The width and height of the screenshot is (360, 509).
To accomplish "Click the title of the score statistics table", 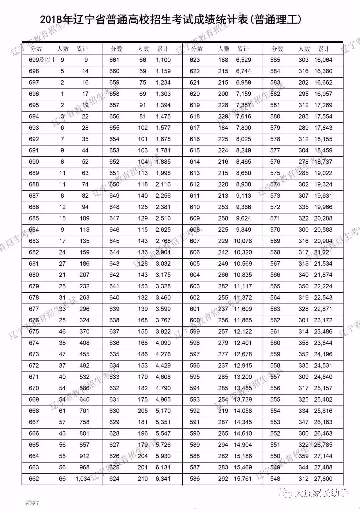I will [x=171, y=20].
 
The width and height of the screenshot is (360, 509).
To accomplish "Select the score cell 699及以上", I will [x=43, y=60].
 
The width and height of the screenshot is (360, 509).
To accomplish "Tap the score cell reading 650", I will [x=114, y=184].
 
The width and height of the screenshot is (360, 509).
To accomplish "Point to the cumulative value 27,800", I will [x=323, y=479].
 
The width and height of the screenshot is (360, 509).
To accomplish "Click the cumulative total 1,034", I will [x=83, y=479].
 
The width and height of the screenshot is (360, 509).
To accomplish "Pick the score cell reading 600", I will [x=195, y=320].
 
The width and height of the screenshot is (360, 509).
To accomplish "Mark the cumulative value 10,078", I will [x=243, y=241].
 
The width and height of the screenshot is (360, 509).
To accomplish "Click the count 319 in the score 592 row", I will [x=223, y=411].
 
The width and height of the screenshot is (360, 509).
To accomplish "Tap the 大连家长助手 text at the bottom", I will [x=321, y=493].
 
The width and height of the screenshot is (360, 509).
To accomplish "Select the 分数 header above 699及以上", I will [x=36, y=49].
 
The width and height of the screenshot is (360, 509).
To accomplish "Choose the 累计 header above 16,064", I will [x=324, y=49].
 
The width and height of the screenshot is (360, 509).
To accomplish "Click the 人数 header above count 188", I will [x=224, y=49].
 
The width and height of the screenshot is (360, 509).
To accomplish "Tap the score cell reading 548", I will [x=275, y=479].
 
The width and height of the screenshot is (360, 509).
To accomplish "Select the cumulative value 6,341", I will [x=163, y=479].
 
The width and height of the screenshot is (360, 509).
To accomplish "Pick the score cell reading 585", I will [x=275, y=60].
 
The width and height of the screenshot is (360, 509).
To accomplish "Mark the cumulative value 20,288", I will [x=323, y=218].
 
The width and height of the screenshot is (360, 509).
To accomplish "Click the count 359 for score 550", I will [x=303, y=456].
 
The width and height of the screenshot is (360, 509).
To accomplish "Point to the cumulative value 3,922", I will [x=163, y=332].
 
